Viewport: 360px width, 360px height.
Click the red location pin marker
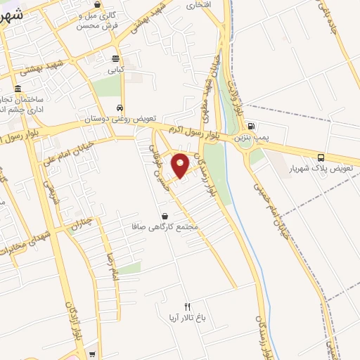[x=180, y=166]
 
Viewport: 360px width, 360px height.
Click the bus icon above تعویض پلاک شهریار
[x=321, y=158]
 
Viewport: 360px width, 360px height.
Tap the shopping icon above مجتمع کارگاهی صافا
[x=165, y=216]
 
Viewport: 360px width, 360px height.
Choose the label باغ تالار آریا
[x=186, y=318]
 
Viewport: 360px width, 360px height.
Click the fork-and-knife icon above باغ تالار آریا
[x=187, y=306]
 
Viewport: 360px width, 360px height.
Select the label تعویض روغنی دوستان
[x=120, y=120]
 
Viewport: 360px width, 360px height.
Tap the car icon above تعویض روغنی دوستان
[x=120, y=108]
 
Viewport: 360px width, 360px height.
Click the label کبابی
[x=116, y=70]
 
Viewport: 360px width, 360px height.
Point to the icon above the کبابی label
[x=116, y=58]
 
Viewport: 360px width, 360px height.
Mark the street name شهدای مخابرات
[x=27, y=243]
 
